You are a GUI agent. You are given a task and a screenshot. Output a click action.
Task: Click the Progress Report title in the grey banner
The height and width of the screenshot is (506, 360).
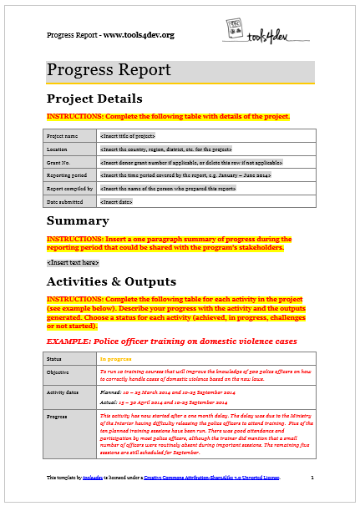click(109, 70)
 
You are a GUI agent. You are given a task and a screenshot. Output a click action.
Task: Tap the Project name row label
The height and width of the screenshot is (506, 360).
click(63, 134)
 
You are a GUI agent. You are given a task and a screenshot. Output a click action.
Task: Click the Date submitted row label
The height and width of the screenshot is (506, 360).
click(64, 201)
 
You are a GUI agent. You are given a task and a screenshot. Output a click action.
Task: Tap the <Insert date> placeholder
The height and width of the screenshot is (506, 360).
click(114, 201)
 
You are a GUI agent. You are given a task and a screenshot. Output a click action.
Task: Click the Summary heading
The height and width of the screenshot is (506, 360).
click(78, 221)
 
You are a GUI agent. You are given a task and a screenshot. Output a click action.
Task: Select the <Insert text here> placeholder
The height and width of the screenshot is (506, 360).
click(73, 262)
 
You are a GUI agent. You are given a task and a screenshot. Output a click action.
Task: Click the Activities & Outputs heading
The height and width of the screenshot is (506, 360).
click(111, 281)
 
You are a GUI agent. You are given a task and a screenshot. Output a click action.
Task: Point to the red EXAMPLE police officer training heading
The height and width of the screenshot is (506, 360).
click(171, 341)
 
